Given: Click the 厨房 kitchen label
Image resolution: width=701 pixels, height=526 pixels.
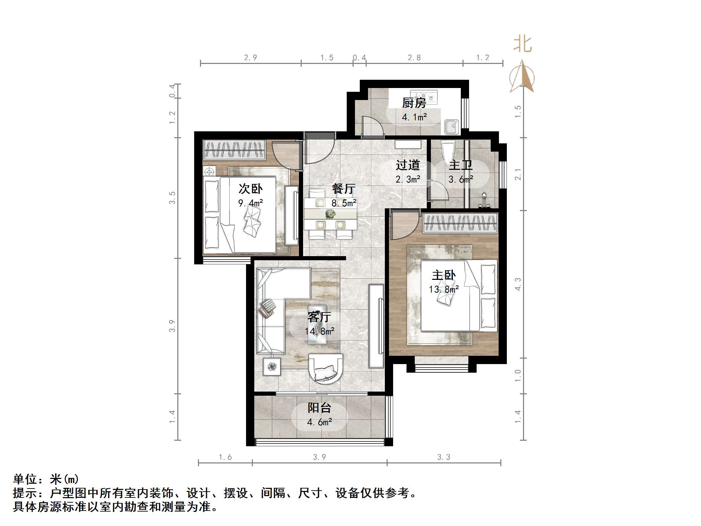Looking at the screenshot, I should pos(414,102).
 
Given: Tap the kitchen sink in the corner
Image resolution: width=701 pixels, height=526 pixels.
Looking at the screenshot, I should pos(451,127).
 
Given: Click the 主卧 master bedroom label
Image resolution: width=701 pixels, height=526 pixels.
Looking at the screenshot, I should pos(444,275).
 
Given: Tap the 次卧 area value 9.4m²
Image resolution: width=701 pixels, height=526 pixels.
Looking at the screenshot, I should pos(251,203).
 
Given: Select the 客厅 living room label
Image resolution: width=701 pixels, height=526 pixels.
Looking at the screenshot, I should pos(319,317).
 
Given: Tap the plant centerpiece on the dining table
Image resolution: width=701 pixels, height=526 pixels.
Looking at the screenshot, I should pos(330,214).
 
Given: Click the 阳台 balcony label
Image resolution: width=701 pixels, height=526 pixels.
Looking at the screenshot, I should pos(319,408).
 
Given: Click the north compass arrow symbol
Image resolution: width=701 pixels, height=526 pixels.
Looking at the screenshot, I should pos(522,77).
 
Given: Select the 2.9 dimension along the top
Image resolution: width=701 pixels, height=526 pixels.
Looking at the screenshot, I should pos(251,58).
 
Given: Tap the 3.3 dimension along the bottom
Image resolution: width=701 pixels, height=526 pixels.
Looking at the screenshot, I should pos(444,457).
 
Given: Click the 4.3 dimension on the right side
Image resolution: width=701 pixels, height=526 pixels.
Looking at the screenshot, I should pos(518,284).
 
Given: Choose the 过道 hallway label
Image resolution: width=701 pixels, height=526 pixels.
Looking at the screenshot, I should pos(408,165).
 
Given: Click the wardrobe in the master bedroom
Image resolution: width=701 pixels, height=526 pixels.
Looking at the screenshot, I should pos(460,223).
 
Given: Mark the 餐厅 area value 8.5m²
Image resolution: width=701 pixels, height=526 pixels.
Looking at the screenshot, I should pos(344,203).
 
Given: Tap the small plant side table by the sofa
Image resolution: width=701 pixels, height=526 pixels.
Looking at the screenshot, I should pos(272,367).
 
